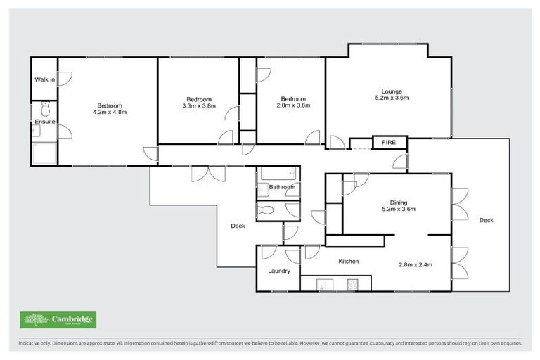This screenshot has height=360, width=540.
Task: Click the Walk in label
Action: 44,79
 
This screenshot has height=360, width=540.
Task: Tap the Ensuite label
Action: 44,122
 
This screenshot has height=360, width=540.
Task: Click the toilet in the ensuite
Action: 45,109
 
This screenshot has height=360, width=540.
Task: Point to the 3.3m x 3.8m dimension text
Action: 198,106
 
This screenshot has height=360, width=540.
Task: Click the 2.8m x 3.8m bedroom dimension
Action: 292,106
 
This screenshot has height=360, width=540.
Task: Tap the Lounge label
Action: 392,91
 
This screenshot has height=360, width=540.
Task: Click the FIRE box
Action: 389,143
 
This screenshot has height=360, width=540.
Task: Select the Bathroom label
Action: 281,188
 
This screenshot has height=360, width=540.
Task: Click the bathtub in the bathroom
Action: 278,173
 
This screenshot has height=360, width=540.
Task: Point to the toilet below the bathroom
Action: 267,210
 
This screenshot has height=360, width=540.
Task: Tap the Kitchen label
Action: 349,262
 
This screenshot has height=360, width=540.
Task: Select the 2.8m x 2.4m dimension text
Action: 415,265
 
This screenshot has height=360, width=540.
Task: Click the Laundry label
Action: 278,271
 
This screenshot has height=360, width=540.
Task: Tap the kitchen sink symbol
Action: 326,285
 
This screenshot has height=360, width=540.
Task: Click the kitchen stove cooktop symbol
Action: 350,285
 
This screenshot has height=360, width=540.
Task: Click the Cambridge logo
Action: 59,320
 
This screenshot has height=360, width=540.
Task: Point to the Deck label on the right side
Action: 486,220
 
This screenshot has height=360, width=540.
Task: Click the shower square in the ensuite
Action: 44,153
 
